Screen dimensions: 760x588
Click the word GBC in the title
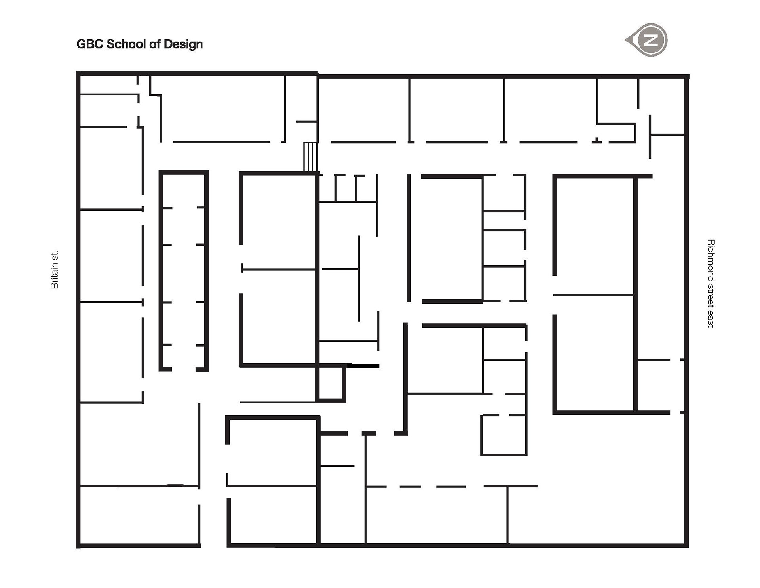pyautogui.click(x=90, y=44)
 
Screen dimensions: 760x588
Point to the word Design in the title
pyautogui.click(x=183, y=44)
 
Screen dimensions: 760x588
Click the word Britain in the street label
pyautogui.click(x=55, y=275)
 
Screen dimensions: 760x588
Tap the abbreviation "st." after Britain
pyautogui.click(x=55, y=255)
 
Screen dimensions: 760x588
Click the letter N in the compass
pyautogui.click(x=651, y=40)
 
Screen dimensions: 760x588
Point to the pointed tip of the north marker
pyautogui.click(x=626, y=40)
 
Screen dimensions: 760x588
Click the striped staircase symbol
pyautogui.click(x=311, y=157)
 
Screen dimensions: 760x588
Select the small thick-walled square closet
pyautogui.click(x=330, y=384)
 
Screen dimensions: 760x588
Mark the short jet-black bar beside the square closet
pyautogui.click(x=363, y=366)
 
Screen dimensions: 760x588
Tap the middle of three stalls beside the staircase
pyautogui.click(x=346, y=188)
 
